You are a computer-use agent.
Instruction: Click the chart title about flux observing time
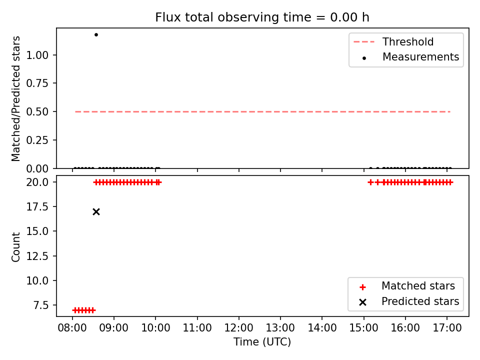[262, 17]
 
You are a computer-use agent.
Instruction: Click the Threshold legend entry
[393, 41]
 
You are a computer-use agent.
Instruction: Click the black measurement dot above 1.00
[96, 34]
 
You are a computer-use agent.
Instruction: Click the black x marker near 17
[96, 212]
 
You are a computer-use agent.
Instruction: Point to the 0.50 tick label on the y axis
[37, 111]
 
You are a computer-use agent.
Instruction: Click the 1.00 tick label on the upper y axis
[37, 55]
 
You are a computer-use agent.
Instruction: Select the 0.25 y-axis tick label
[37, 140]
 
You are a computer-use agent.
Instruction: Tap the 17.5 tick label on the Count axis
[37, 206]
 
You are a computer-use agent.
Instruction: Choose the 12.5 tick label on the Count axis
[37, 256]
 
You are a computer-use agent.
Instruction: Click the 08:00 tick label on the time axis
[72, 328]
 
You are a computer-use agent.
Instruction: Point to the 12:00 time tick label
[239, 328]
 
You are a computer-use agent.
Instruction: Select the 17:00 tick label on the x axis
[447, 328]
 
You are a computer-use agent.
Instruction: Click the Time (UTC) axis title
[262, 342]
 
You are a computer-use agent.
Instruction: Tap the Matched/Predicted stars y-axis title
[15, 98]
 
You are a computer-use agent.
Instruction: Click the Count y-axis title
[15, 247]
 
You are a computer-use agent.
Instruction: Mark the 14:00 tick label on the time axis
[322, 328]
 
